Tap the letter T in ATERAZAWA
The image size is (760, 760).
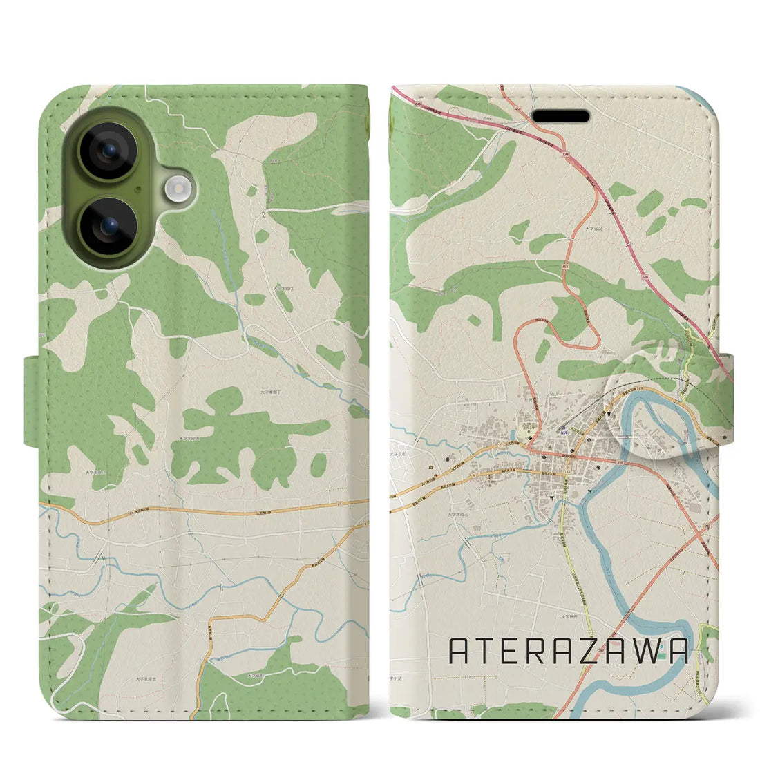(487, 652)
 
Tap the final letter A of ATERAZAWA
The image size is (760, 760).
(677, 652)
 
